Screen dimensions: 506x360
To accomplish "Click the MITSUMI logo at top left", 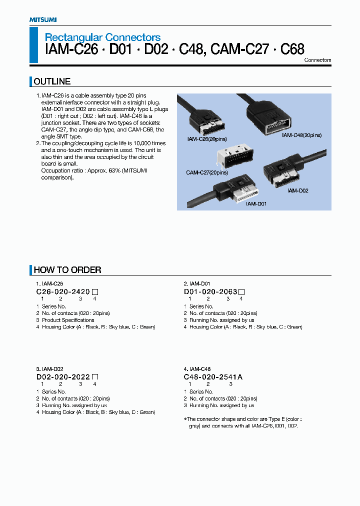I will [43, 19].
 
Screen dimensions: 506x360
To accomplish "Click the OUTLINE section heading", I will [52, 81].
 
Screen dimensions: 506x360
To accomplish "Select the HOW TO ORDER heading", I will [67, 270].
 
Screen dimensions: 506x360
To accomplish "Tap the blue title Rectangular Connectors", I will [102, 37].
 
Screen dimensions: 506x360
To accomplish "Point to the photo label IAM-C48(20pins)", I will [301, 135].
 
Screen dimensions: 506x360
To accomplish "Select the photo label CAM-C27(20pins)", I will [207, 172].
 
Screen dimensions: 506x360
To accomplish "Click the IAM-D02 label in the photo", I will [297, 190].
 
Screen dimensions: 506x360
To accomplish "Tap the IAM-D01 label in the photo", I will [255, 204].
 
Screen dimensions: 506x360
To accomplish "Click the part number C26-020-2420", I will [63, 291].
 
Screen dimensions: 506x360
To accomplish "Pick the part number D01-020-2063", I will [210, 291].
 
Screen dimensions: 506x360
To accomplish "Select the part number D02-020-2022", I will [63, 377].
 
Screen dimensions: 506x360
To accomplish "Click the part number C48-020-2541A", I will [213, 377].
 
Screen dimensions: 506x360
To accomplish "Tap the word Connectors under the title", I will [317, 60].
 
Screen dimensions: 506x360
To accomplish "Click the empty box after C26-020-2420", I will [95, 291].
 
